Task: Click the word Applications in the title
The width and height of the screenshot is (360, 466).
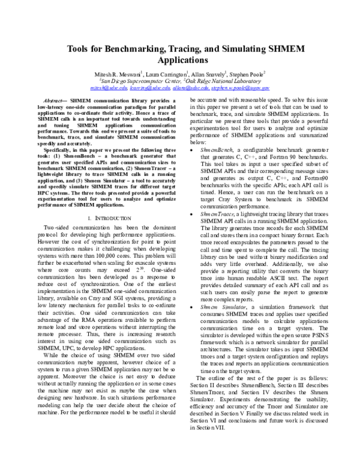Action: (181, 60)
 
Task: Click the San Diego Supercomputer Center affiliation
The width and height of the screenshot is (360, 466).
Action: (143, 79)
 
